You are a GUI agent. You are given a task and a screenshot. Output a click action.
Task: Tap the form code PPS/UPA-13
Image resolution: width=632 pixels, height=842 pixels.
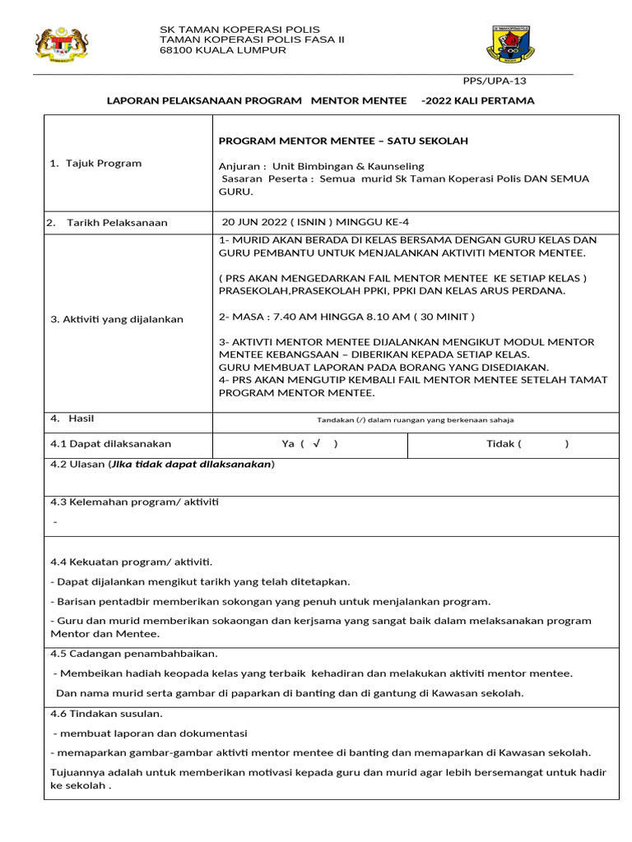point(494,81)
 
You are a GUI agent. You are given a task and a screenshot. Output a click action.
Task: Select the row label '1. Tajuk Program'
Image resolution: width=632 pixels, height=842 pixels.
point(95,163)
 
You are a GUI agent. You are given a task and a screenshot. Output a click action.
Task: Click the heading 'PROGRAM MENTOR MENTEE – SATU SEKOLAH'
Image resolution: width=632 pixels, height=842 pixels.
point(343,141)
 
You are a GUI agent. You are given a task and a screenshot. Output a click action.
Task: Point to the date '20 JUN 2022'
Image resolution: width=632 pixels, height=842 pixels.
point(253,222)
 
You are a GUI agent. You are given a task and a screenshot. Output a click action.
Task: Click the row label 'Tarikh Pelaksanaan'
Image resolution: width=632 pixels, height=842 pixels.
point(117,223)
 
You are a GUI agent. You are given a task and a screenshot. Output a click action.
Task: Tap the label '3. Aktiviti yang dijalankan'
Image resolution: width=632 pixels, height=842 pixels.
point(118,319)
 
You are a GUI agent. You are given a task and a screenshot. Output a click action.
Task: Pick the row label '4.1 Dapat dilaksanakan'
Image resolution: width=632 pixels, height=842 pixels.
point(110,444)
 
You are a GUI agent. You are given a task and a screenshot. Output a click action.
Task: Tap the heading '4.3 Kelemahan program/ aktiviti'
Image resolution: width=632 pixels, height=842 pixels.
point(135,502)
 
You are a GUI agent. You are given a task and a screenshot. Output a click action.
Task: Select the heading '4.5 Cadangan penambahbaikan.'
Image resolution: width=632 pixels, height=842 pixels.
point(134,654)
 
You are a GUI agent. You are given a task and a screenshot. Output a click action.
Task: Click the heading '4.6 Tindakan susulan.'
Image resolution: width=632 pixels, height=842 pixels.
point(107,713)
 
